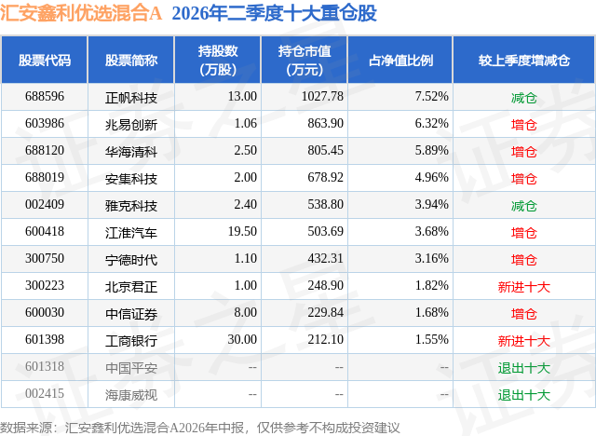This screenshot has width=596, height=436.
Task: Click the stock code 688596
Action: pyautogui.click(x=45, y=97)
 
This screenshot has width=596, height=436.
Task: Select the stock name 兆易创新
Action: pyautogui.click(x=131, y=125)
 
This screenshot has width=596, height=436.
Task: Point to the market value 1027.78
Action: pyautogui.click(x=322, y=97)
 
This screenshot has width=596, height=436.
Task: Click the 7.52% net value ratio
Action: pyautogui.click(x=431, y=97)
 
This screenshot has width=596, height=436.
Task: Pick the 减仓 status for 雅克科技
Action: pyautogui.click(x=523, y=206)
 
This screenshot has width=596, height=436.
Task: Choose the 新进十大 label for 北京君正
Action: pyautogui.click(x=523, y=287)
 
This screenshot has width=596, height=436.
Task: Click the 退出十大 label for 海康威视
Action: pyautogui.click(x=523, y=395)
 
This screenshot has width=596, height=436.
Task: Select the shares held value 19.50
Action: pyautogui.click(x=242, y=231)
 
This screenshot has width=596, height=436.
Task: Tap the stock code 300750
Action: pyautogui.click(x=45, y=258)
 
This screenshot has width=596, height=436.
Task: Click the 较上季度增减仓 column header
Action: pyautogui.click(x=523, y=61)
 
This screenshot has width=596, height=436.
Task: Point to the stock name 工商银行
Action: pyautogui.click(x=131, y=341)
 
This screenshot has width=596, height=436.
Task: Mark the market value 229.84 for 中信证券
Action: pyautogui.click(x=325, y=312)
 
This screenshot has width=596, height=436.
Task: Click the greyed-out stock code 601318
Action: pyautogui.click(x=45, y=366)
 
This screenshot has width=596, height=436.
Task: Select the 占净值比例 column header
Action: pyautogui.click(x=400, y=61)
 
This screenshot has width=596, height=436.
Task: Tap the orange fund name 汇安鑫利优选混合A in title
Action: pyautogui.click(x=81, y=13)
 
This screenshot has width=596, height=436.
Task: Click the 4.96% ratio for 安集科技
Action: pyautogui.click(x=431, y=178)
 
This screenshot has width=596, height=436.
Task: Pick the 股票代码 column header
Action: pyautogui.click(x=45, y=61)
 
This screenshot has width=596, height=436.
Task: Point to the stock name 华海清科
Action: pyautogui.click(x=131, y=152)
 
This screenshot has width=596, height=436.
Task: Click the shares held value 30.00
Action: pyautogui.click(x=242, y=339)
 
